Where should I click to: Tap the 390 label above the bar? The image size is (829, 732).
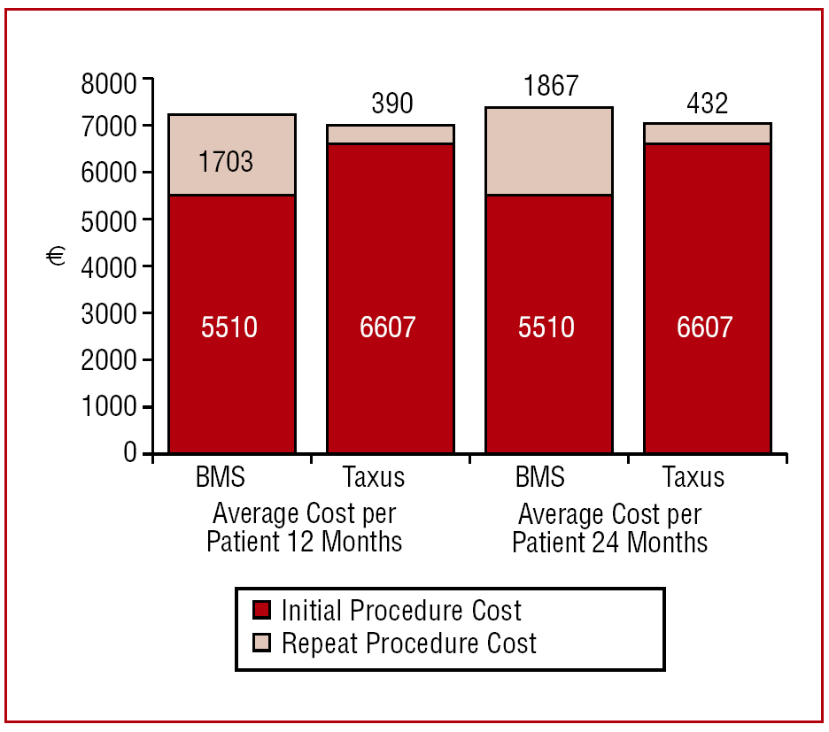click(391, 104)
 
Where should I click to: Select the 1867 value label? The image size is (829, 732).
click(549, 86)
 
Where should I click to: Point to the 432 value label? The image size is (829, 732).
click(707, 104)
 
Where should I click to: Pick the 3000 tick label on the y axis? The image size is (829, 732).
click(109, 313)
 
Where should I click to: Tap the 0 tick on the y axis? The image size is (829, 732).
click(131, 453)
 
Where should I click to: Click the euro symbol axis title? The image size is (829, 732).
click(57, 257)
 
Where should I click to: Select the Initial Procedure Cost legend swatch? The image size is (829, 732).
click(262, 611)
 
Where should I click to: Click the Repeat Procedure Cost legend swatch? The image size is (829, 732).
click(262, 643)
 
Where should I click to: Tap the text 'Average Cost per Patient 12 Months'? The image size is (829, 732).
click(304, 528)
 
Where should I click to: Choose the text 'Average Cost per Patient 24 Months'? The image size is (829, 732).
click(610, 528)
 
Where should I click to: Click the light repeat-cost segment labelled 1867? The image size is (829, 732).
click(549, 150)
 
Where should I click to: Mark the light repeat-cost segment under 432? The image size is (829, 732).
click(707, 133)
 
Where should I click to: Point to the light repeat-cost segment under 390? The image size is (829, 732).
click(391, 134)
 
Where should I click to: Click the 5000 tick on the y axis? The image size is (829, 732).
click(109, 220)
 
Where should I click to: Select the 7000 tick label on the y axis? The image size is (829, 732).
click(109, 127)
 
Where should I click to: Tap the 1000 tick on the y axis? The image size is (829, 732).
click(109, 407)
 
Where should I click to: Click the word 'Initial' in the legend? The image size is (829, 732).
click(312, 611)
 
